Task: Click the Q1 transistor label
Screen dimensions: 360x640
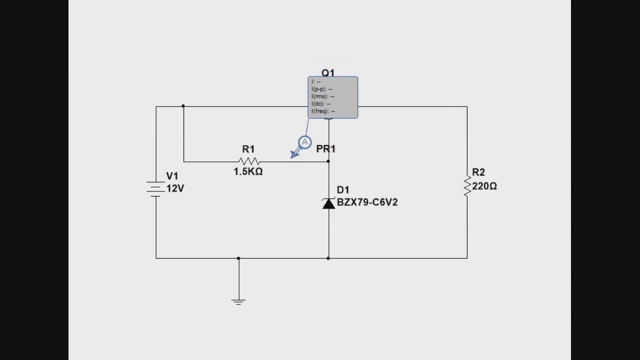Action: pos(328,73)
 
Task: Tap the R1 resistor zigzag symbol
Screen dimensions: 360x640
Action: pos(249,161)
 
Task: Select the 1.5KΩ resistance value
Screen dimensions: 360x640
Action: pos(248,171)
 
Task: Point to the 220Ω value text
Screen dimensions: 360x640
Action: pos(484,186)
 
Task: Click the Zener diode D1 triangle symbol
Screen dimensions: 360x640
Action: pos(328,203)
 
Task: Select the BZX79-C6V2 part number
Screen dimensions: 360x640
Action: pos(367,202)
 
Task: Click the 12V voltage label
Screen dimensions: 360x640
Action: pos(175,188)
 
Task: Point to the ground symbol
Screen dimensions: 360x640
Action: pos(238,301)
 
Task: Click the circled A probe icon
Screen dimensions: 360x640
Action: pos(304,142)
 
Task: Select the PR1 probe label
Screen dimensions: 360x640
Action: pos(325,149)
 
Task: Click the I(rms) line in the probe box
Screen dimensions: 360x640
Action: pos(322,96)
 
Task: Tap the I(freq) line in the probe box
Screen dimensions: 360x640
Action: pos(323,111)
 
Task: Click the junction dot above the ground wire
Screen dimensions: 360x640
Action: pos(238,258)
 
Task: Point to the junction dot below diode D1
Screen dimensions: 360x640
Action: pos(328,258)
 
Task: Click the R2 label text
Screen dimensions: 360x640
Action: pos(478,172)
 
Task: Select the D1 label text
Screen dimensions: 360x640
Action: pos(343,190)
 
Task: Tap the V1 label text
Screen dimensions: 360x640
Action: pos(172,176)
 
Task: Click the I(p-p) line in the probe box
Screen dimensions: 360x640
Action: pos(322,89)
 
